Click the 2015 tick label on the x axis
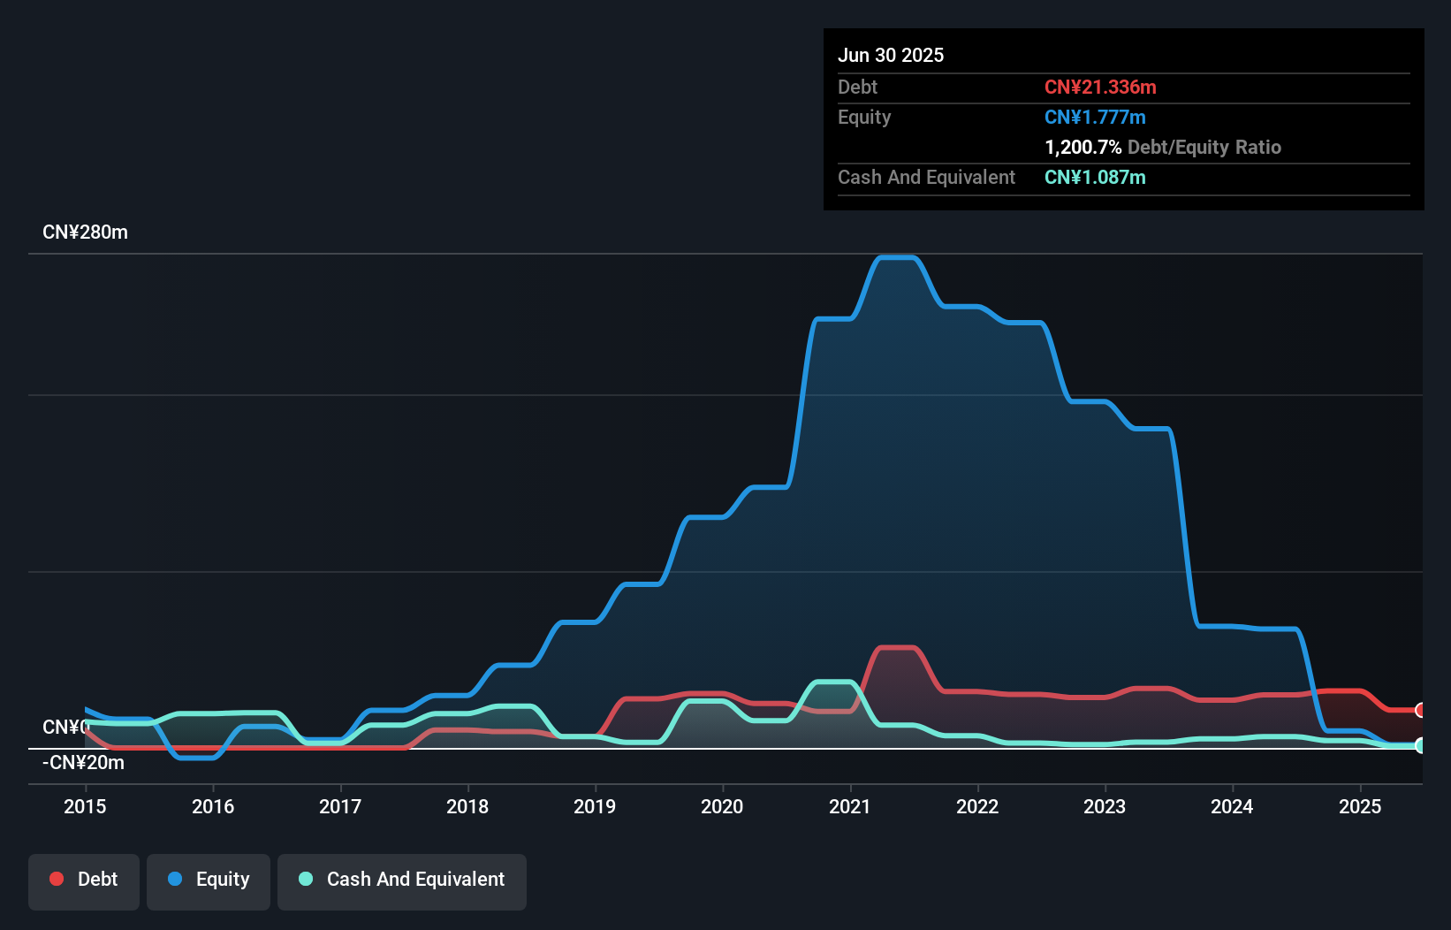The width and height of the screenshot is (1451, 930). click(85, 806)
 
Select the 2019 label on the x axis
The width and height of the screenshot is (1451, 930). click(595, 806)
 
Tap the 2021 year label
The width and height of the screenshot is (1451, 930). click(849, 806)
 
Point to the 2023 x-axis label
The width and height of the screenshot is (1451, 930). click(1105, 806)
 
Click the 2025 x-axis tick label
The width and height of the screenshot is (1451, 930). click(1359, 806)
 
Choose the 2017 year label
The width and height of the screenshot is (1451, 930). click(340, 806)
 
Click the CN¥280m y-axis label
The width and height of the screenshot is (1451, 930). click(85, 232)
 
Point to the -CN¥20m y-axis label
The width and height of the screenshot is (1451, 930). click(83, 763)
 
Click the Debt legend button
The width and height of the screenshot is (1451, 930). click(84, 880)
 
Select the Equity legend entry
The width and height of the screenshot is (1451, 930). click(209, 880)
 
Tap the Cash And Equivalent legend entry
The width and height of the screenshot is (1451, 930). click(402, 880)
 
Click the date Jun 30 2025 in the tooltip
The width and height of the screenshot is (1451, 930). click(891, 55)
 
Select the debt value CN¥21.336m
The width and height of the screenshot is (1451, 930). click(1100, 87)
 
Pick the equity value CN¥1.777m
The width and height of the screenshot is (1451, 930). click(1095, 117)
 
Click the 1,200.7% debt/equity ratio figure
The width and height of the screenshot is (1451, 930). click(1083, 147)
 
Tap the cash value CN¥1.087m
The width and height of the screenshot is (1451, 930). click(1095, 177)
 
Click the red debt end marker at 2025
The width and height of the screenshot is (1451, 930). click(1420, 710)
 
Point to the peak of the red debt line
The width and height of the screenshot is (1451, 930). click(897, 648)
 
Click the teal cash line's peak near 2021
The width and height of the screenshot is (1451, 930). click(833, 682)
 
